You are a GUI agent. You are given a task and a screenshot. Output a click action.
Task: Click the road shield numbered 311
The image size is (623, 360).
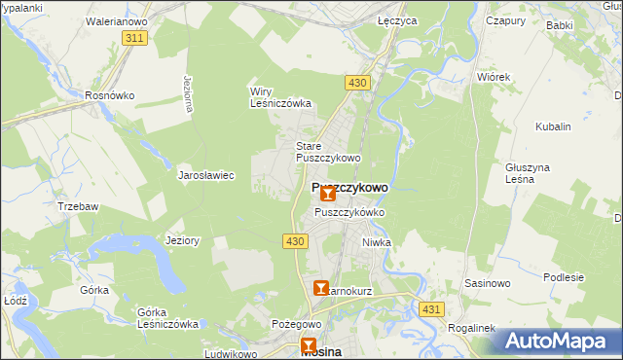[134, 38]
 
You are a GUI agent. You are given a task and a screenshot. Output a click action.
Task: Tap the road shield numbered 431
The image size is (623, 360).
[434, 308]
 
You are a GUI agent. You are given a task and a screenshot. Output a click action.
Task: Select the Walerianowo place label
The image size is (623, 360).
[115, 18]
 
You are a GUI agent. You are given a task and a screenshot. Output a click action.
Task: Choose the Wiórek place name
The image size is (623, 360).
[494, 76]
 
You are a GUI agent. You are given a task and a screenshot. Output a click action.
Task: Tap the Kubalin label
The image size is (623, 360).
[553, 126]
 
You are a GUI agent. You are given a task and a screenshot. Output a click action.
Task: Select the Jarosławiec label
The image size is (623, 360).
[205, 176]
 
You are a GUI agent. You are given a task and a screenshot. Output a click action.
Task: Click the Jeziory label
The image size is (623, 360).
[182, 240]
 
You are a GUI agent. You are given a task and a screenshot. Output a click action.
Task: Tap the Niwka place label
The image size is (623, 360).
[376, 242]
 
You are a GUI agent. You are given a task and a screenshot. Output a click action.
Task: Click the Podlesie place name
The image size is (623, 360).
[564, 277]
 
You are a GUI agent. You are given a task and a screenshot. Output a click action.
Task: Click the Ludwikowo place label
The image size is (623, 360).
[230, 353]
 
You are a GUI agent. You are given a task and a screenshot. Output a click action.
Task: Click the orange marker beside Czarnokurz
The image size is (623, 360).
[321, 289]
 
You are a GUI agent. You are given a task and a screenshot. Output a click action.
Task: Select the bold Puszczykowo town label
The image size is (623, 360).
[349, 187]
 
